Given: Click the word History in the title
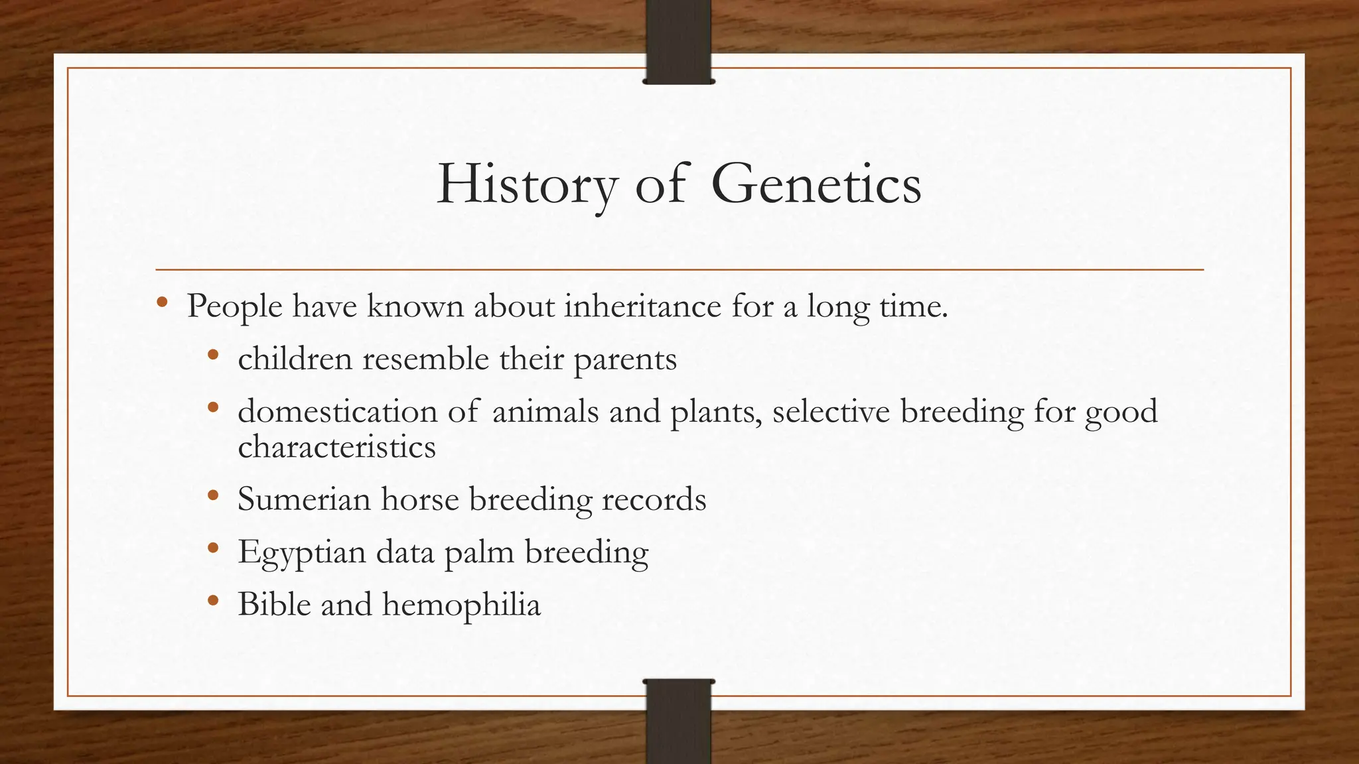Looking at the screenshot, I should point(527,184).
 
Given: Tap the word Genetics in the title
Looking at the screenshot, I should point(816,184).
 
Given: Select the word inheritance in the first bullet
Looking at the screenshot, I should point(642,306).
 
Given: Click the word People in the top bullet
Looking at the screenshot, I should point(234,306).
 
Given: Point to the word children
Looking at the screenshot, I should point(295,359).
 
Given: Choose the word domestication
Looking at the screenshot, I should point(337,411).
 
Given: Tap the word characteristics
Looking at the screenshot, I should point(336,446).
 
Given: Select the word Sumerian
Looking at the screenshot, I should point(303,499).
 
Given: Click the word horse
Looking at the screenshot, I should point(419,499).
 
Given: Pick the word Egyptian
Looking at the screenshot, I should point(301,552).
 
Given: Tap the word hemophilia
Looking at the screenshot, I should point(461,604).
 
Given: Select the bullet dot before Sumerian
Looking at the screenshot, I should point(212,495).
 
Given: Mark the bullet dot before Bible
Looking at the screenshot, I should point(212,600).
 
